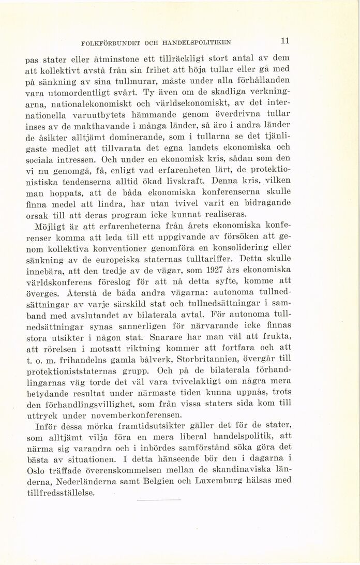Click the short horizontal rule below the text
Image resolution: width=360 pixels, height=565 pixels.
[x=161, y=499]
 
